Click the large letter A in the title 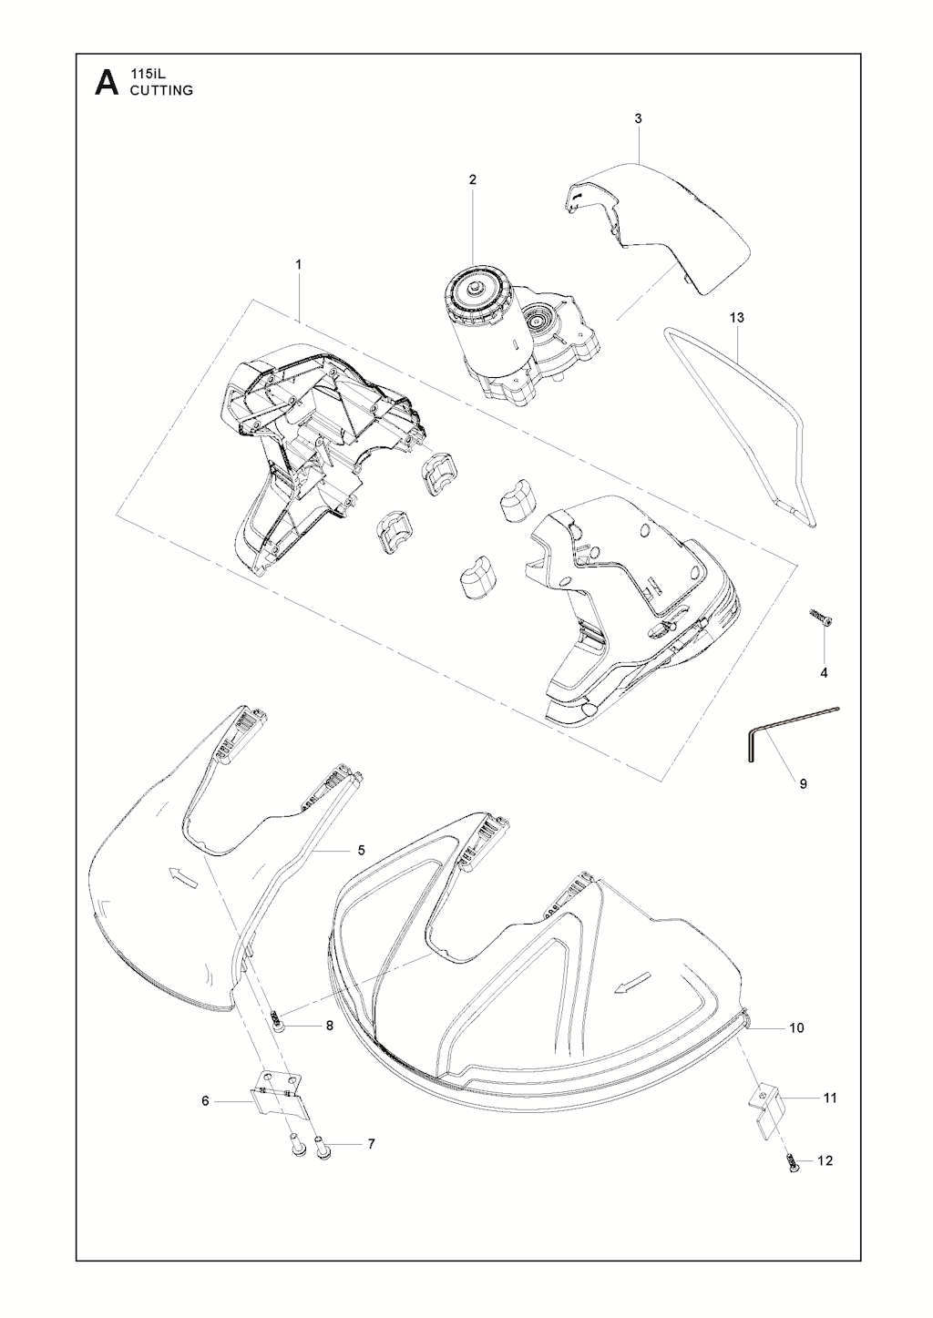coord(106,83)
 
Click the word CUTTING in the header coord(161,90)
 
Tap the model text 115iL coord(146,74)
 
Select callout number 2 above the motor coord(473,179)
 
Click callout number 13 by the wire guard coord(736,318)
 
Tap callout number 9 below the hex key coord(803,783)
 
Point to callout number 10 coord(795,1028)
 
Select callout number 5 coord(361,850)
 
